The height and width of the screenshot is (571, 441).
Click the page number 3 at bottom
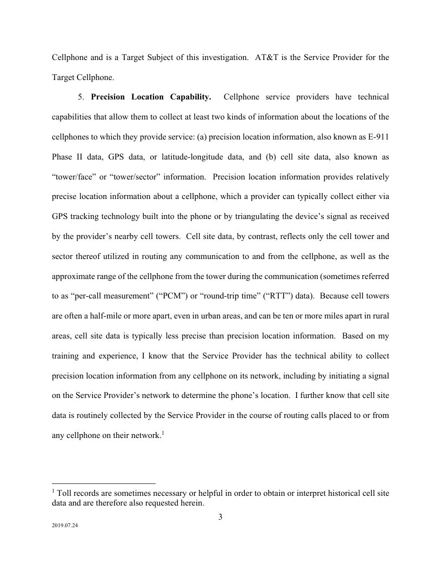click(x=220, y=516)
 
